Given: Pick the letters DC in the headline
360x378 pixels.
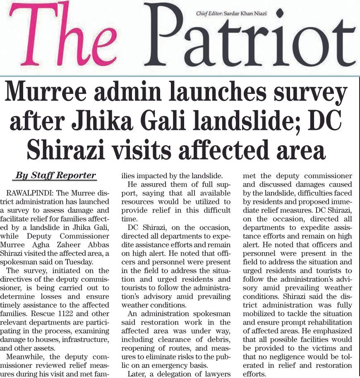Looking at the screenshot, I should click(x=324, y=122).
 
